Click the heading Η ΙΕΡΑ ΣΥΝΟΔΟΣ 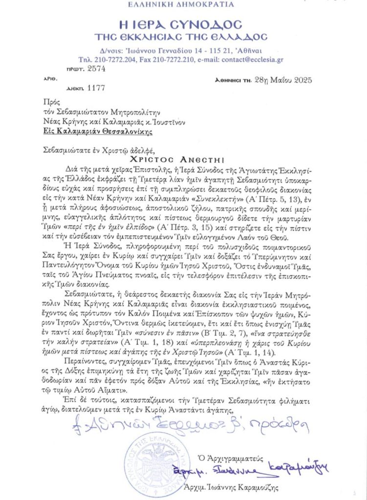[x=183, y=24]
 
